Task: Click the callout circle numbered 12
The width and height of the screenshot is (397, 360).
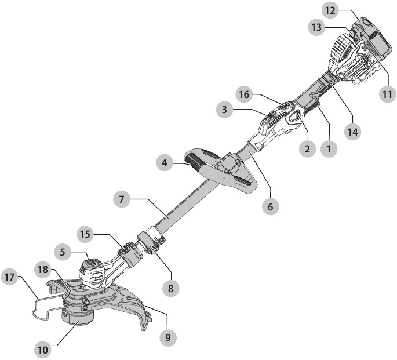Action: (330, 10)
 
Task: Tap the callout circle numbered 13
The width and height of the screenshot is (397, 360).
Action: (317, 27)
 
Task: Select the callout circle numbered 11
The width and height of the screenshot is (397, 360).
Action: (387, 94)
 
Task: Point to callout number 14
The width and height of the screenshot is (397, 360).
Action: (353, 132)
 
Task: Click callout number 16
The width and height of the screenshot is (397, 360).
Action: (245, 94)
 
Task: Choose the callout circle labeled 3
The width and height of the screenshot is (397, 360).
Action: (225, 110)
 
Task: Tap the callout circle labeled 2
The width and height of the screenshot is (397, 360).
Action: (307, 148)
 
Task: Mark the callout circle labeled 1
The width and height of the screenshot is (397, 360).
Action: (329, 148)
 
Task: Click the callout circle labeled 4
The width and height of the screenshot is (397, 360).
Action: (165, 162)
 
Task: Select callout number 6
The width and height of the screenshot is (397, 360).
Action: (271, 206)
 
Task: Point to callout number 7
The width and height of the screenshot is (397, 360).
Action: (122, 199)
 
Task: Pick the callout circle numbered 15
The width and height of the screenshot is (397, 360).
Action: (85, 234)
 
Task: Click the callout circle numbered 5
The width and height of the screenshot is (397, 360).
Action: (63, 252)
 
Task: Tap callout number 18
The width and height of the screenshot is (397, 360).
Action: (43, 270)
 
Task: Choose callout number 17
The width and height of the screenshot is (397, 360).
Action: (10, 277)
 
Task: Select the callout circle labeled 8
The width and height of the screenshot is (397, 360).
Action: (170, 288)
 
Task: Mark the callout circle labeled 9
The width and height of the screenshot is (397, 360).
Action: (168, 337)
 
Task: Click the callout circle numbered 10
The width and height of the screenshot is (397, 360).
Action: (43, 350)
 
